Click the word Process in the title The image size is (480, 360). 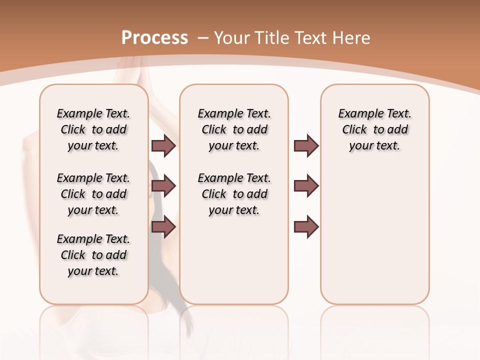coord(154,38)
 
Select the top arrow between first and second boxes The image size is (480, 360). coord(163,146)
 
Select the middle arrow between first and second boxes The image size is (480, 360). coord(163,186)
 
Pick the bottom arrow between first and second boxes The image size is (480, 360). coord(163,226)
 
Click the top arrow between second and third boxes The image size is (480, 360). coord(306,146)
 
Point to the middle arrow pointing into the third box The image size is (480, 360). coord(306,186)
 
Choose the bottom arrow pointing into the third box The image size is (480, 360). coord(306,226)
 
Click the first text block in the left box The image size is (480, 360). coord(93,129)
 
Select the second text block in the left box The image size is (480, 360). coord(93,194)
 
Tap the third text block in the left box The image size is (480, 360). coord(93,255)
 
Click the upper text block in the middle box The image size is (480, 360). coord(234,129)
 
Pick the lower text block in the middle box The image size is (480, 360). coord(234,194)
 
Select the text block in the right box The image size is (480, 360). coord(374,129)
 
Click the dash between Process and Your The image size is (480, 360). coord(203,38)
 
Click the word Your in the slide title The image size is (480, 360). coord(231,38)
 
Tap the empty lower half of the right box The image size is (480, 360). coord(374,240)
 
